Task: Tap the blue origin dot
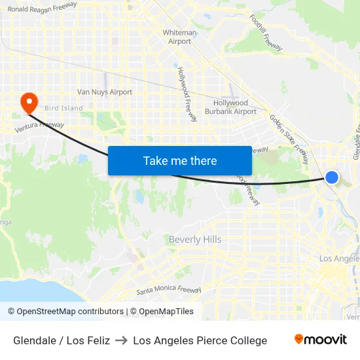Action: click(x=332, y=177)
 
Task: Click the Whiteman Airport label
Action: click(x=179, y=37)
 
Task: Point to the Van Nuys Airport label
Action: click(x=105, y=92)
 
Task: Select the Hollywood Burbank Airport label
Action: click(x=236, y=107)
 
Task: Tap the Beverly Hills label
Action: click(x=195, y=240)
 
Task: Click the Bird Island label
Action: click(x=63, y=108)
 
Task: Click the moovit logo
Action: click(x=321, y=340)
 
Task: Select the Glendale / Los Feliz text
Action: click(x=62, y=340)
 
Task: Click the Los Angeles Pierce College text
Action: click(x=200, y=340)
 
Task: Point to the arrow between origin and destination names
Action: click(x=121, y=340)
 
